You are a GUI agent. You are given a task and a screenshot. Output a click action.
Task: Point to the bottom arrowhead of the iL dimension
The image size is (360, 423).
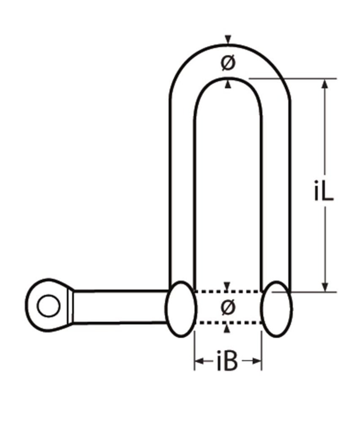click(x=325, y=287)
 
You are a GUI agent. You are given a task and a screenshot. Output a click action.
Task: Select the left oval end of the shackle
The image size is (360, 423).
click(x=181, y=309)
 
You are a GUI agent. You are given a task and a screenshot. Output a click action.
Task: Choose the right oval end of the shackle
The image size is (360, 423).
click(x=277, y=308)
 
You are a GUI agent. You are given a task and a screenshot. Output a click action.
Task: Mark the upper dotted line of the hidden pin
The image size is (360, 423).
click(x=228, y=291)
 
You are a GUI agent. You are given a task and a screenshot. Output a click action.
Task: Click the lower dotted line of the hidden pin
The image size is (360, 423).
click(x=228, y=323)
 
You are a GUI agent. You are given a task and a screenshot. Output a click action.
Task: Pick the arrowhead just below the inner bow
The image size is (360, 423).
click(x=228, y=85)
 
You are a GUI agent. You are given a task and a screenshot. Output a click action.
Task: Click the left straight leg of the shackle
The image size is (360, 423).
click(x=182, y=190)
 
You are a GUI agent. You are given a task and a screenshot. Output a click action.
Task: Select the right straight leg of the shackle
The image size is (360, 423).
click(x=276, y=190)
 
